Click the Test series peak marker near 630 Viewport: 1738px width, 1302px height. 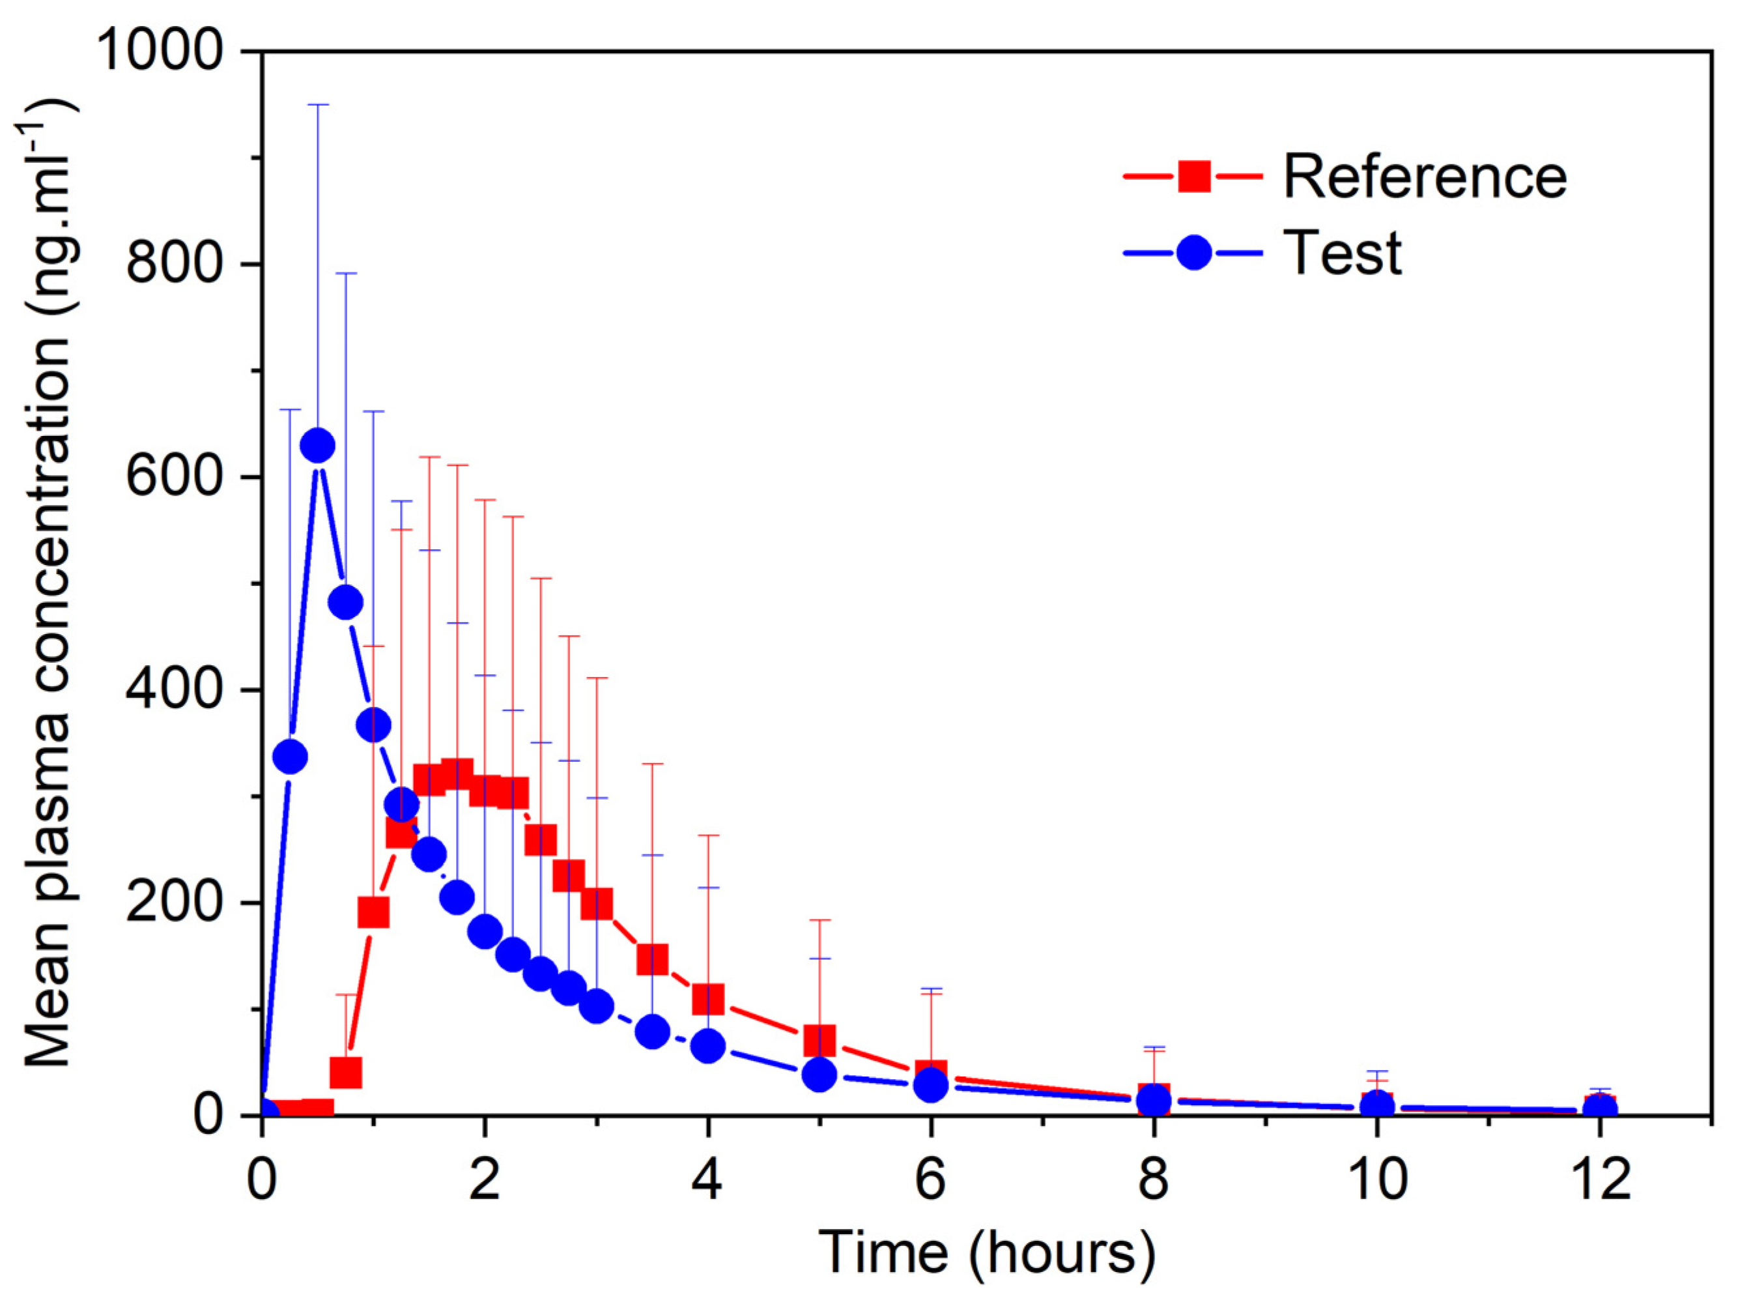(317, 446)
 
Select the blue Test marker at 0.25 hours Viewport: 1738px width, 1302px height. (290, 757)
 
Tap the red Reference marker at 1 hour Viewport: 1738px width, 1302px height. (373, 912)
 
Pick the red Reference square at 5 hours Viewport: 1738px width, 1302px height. (819, 1039)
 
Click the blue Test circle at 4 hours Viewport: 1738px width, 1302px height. (708, 1046)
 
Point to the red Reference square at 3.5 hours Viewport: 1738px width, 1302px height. (652, 959)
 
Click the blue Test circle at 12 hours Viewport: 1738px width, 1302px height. (1600, 1110)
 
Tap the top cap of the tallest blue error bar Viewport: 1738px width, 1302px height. (317, 104)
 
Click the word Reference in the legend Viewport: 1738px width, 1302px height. (1425, 177)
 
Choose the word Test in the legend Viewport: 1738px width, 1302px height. (1342, 253)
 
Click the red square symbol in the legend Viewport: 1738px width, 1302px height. (1193, 176)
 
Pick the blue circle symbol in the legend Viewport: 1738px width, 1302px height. (1193, 253)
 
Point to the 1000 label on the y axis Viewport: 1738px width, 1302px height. (160, 50)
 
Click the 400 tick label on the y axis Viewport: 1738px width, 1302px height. (175, 689)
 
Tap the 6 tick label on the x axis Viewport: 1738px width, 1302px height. (930, 1180)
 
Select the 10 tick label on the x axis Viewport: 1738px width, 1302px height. (1376, 1180)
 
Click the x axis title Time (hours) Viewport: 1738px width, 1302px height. (987, 1252)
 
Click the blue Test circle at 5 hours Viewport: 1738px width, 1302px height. (819, 1074)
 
